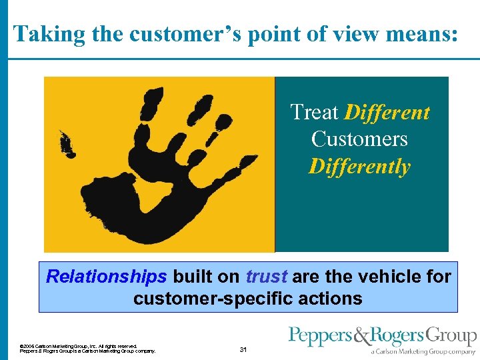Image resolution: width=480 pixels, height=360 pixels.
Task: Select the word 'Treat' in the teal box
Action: [x=314, y=112]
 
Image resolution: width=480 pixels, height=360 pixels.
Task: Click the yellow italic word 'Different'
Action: [x=387, y=112]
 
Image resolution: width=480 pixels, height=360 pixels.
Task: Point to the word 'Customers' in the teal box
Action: [x=359, y=139]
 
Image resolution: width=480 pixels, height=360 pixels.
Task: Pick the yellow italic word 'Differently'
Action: [x=359, y=166]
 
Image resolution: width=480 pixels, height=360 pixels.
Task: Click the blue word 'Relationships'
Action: [x=106, y=276]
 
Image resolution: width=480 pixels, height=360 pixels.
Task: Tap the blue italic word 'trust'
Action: [x=266, y=276]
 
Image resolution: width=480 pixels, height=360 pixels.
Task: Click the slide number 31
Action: [x=243, y=349]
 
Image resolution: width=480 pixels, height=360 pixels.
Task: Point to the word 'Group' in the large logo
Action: [x=453, y=337]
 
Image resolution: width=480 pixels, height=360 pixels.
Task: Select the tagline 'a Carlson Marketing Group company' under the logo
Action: [x=423, y=351]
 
